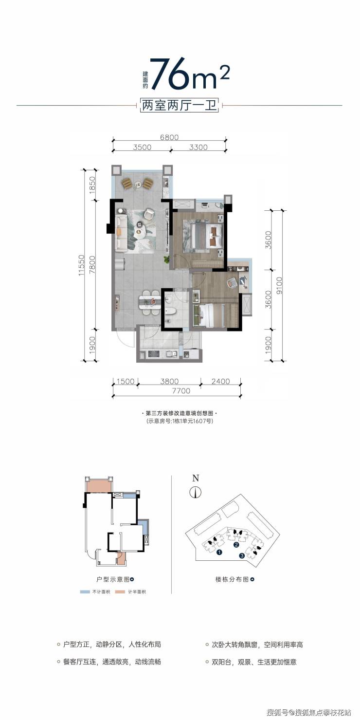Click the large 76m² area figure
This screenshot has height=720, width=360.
(x=190, y=74)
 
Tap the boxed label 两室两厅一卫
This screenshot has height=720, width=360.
(x=180, y=105)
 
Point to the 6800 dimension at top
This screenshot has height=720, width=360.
(x=169, y=137)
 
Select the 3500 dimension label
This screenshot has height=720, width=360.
(x=142, y=147)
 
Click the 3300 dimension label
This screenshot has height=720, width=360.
(x=198, y=147)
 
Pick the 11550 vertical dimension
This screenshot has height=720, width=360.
(x=81, y=265)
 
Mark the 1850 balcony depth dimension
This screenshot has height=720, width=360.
(x=92, y=185)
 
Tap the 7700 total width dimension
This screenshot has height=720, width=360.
(x=181, y=391)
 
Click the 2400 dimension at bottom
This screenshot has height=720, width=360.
(x=221, y=381)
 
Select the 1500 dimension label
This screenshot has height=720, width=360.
(x=125, y=381)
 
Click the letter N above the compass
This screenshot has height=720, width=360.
(x=196, y=478)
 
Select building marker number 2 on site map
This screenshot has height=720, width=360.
(x=236, y=544)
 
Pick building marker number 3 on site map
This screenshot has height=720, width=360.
(x=241, y=555)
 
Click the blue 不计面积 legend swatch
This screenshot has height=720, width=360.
(x=85, y=592)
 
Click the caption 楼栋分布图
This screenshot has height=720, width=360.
(x=232, y=579)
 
